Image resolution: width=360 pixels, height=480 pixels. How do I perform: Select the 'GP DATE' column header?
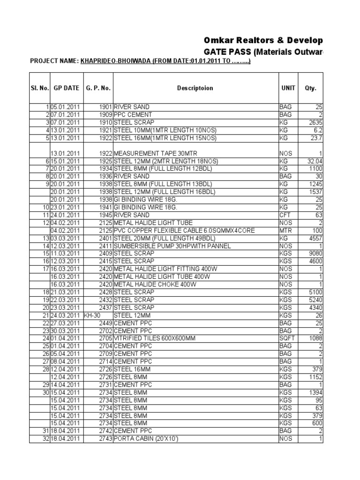67,88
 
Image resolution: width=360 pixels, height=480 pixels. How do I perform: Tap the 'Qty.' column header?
310,88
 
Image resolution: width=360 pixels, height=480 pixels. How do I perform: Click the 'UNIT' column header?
288,88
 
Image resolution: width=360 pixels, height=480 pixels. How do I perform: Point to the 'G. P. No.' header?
98,88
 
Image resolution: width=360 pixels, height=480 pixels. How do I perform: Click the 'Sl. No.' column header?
40,88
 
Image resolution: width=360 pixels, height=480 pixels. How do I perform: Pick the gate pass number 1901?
105,107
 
